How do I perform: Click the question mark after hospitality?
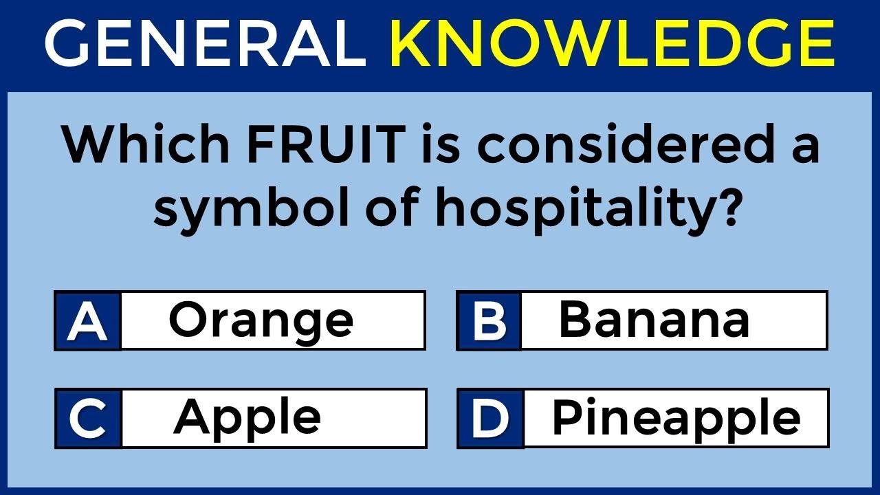click(x=726, y=206)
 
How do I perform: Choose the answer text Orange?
click(x=261, y=320)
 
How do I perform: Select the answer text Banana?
click(x=654, y=320)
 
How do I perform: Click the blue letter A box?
click(x=88, y=321)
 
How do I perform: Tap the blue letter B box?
click(x=489, y=321)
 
